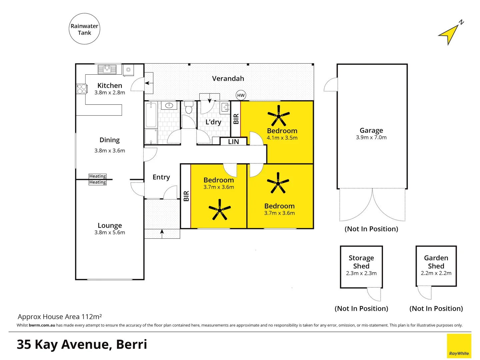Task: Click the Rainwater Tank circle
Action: [84, 29]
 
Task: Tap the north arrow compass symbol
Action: [450, 34]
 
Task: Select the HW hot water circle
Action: [241, 95]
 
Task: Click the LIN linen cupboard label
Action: [233, 142]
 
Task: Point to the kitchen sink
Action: [107, 69]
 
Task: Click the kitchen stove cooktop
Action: [82, 89]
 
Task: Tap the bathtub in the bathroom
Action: [151, 115]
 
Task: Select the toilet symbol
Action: [189, 108]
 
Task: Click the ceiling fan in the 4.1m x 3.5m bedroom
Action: [278, 116]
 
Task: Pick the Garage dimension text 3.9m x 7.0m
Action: [371, 137]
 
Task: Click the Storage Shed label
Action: [361, 262]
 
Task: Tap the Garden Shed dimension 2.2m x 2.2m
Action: [436, 273]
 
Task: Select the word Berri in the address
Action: [131, 344]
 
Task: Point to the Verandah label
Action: [228, 79]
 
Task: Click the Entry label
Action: [161, 177]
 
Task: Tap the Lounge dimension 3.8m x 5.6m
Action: [110, 233]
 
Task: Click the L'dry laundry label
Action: [213, 122]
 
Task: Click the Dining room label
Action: [109, 140]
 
